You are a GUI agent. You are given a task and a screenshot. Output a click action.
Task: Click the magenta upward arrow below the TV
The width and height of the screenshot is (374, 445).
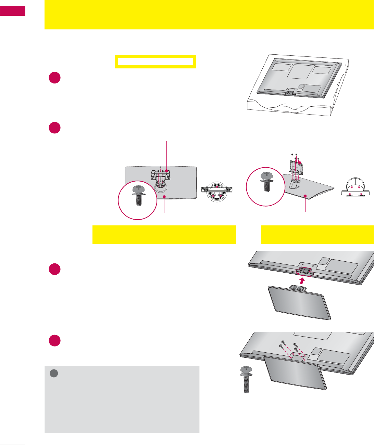click(302, 281)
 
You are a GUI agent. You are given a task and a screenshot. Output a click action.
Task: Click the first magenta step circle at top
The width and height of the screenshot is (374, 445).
click(54, 78)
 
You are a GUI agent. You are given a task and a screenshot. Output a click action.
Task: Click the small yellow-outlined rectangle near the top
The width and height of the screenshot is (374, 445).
click(155, 62)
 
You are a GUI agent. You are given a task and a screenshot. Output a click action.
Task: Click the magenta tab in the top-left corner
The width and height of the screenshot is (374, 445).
click(13, 11)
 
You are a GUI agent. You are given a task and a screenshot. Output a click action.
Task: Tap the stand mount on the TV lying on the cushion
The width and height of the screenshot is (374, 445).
click(290, 91)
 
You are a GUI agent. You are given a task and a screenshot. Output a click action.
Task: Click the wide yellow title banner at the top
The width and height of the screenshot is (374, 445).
click(209, 14)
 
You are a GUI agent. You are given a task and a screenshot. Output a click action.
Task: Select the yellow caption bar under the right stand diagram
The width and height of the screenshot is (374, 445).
click(317, 235)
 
